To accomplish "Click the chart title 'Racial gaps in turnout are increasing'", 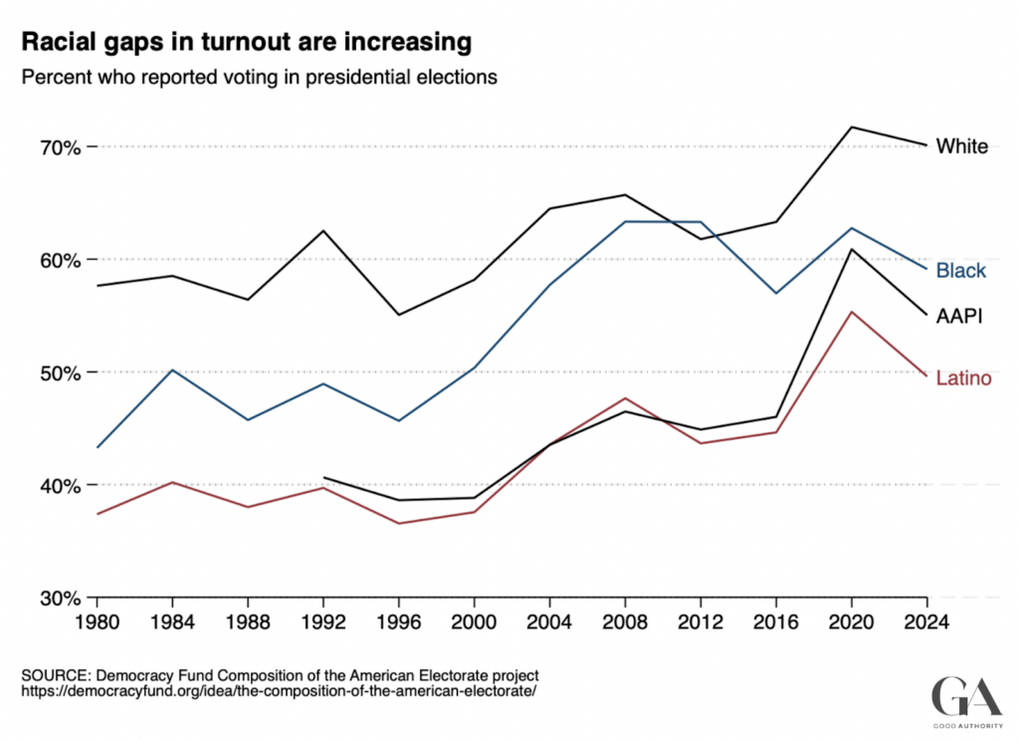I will (x=246, y=43).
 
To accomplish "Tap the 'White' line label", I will (x=961, y=146).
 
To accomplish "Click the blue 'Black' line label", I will (x=960, y=271).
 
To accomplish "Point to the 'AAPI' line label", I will (x=960, y=317).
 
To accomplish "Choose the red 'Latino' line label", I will (x=963, y=378).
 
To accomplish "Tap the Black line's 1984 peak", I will (x=173, y=370).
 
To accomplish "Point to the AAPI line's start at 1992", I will (x=324, y=477).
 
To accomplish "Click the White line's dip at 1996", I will (x=399, y=315).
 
